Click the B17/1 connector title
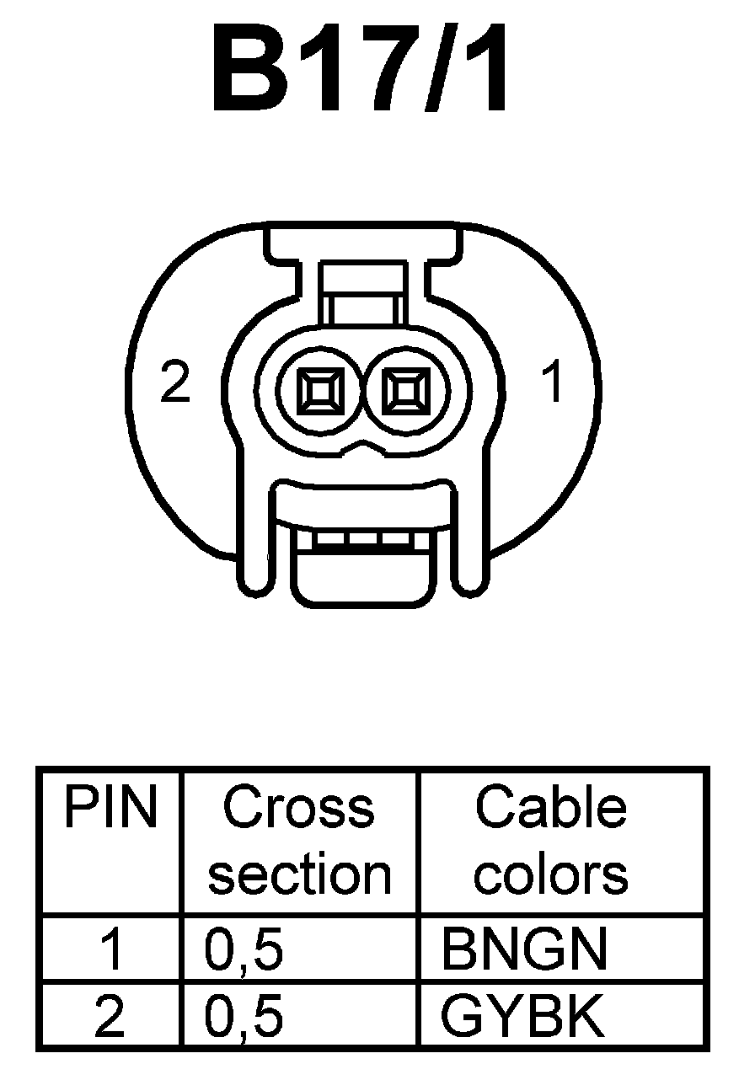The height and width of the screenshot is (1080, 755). click(361, 69)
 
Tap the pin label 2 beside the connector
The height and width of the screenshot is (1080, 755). click(174, 384)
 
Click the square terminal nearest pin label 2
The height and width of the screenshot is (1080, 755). click(321, 391)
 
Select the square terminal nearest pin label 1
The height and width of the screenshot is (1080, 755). click(406, 391)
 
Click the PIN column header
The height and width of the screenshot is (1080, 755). click(110, 809)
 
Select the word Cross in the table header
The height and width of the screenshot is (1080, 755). click(298, 807)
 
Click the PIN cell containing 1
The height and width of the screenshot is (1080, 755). click(110, 949)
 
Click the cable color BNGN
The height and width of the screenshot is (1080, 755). click(523, 949)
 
